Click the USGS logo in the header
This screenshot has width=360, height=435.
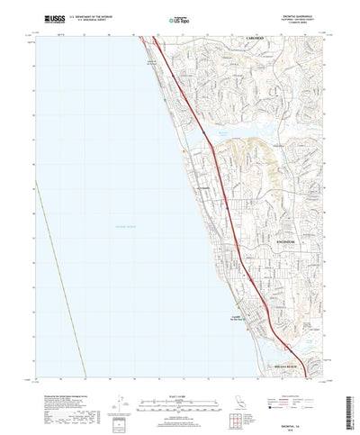tap(41, 15)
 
